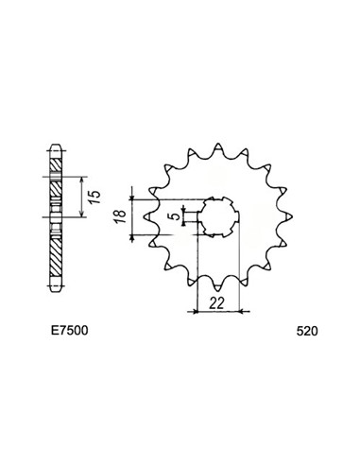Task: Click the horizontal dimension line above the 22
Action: tap(219, 309)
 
